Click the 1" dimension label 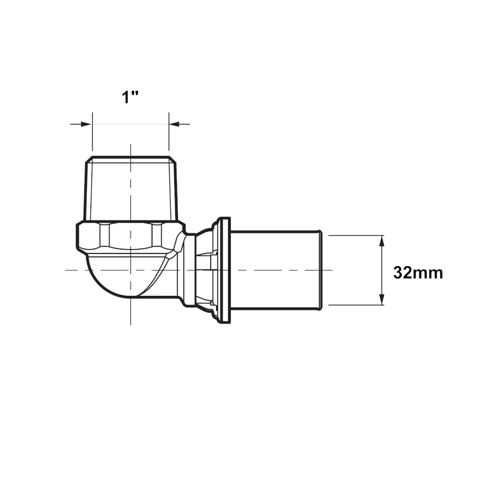tap(130, 98)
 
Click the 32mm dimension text tap(418, 273)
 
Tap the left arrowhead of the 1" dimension tap(86, 124)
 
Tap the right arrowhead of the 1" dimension tap(175, 124)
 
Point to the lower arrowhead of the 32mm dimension tap(381, 299)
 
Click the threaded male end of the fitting tap(130, 189)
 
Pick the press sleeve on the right tap(276, 270)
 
